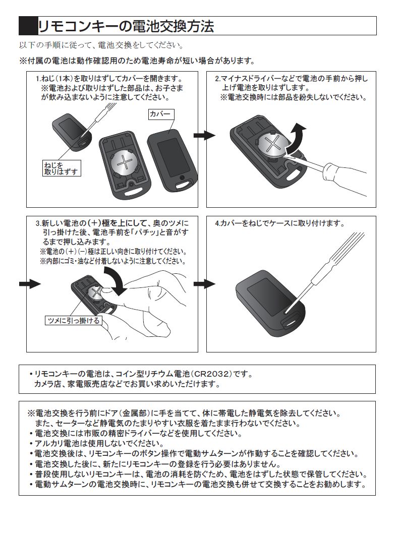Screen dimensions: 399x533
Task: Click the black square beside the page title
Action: point(28,26)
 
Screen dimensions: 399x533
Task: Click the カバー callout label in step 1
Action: point(161,114)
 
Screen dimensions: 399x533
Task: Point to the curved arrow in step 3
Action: point(116,280)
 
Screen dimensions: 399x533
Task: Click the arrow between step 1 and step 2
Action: point(204,136)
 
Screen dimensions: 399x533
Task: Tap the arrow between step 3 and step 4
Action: point(204,284)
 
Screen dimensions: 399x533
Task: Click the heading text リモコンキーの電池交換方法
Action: point(126,26)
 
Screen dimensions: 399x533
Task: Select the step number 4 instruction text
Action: point(280,223)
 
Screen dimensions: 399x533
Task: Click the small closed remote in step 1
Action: point(72,133)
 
